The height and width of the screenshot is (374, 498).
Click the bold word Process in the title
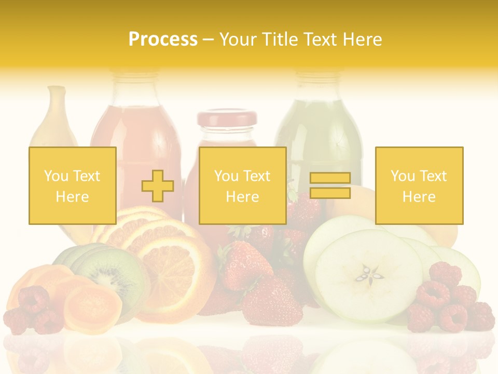[163, 39]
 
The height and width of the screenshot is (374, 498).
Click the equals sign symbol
[330, 185]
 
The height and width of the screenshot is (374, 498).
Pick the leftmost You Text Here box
[73, 185]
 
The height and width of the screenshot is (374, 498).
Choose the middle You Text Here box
[242, 185]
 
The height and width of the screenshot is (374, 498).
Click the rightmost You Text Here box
[419, 185]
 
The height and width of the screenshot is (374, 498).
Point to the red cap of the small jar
[227, 119]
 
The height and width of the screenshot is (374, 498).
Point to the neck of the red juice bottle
[136, 88]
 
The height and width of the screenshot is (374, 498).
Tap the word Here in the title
[361, 39]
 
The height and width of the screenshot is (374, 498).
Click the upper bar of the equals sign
[330, 178]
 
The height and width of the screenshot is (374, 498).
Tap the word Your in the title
[236, 39]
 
